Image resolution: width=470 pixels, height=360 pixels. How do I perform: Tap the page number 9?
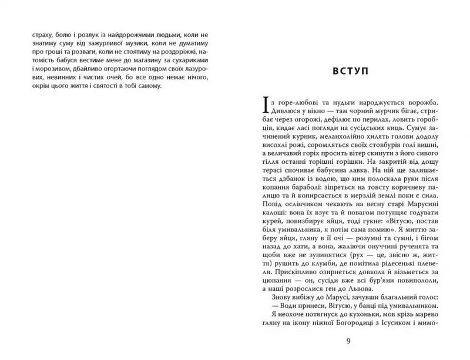click(349, 341)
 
